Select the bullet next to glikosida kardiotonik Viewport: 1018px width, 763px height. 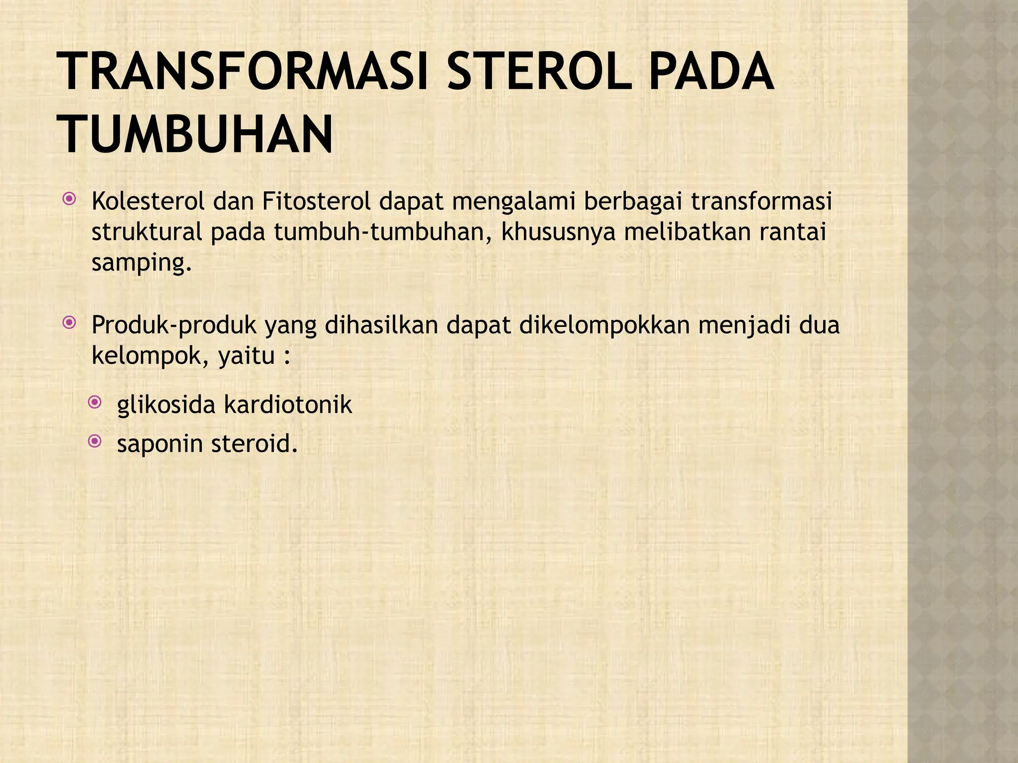[x=94, y=402]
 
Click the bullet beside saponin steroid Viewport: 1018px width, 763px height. [x=94, y=441]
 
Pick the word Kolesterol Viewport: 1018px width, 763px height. [x=148, y=202]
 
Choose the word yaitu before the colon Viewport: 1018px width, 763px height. [x=246, y=356]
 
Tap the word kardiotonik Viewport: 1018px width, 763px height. [x=288, y=404]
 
